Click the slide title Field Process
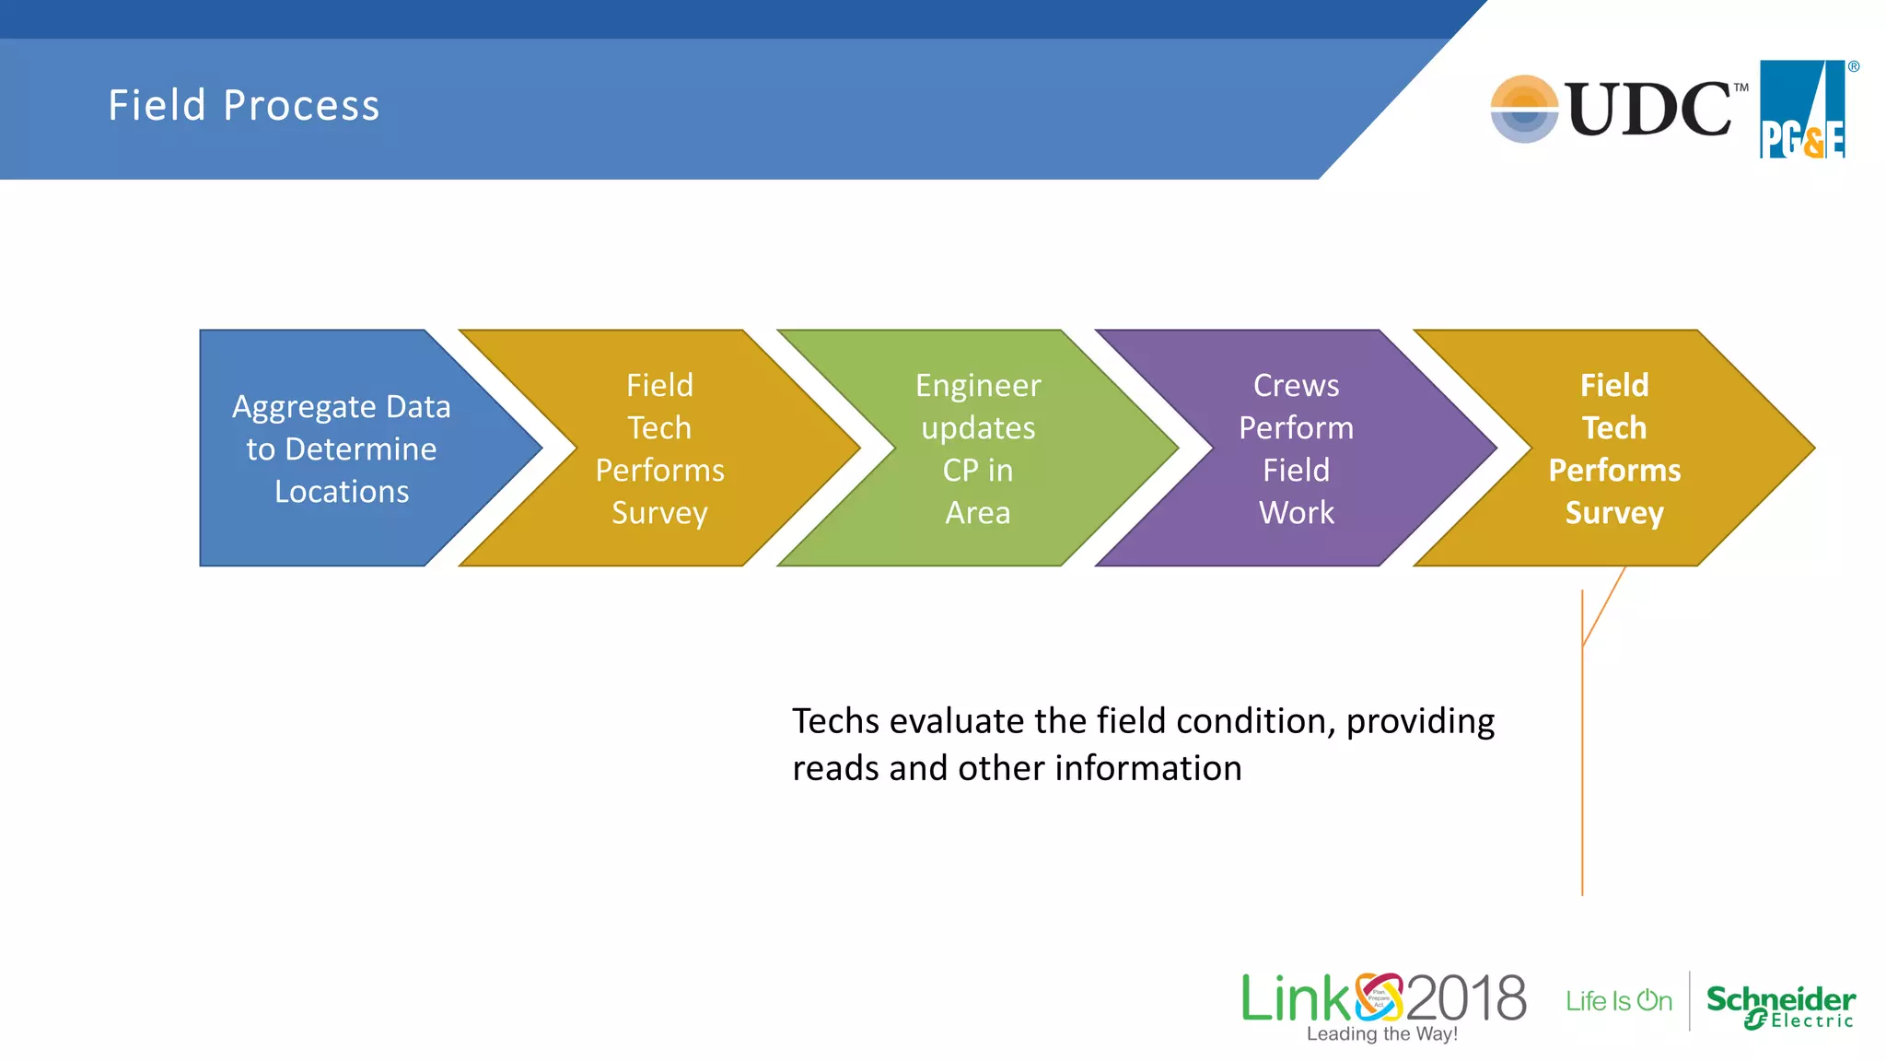click(x=244, y=105)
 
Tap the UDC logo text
click(x=1648, y=110)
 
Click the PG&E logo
click(x=1803, y=111)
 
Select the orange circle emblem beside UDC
click(x=1524, y=110)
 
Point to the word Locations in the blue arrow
click(x=342, y=492)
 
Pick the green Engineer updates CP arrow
click(x=978, y=449)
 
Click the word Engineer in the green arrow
click(x=978, y=386)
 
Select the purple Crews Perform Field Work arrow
click(x=1297, y=449)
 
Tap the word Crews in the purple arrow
click(x=1297, y=386)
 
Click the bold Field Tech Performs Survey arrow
click(x=1614, y=449)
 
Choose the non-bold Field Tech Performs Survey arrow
click(x=659, y=449)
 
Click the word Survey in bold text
click(x=1614, y=513)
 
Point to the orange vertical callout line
click(x=1582, y=783)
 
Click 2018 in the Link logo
click(x=1466, y=998)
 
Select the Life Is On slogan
click(x=1619, y=1001)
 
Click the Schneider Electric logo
click(x=1780, y=1006)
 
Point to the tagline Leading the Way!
click(x=1382, y=1034)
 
